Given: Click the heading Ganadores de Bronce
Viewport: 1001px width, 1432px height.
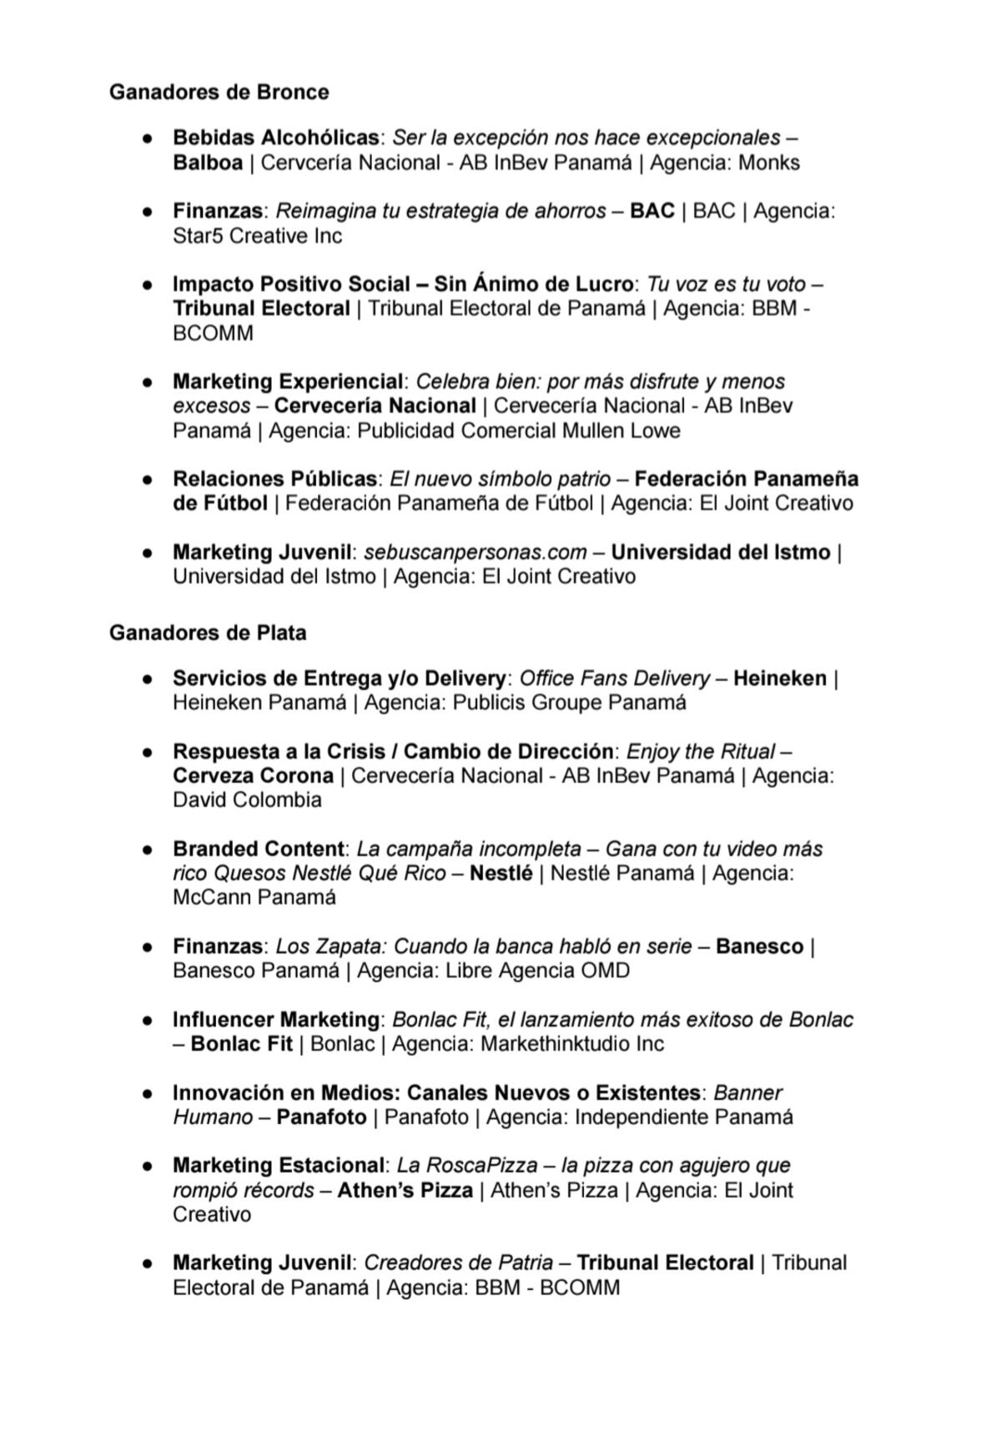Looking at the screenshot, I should pyautogui.click(x=219, y=92).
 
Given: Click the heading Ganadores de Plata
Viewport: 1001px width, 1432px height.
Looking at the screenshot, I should pyautogui.click(x=208, y=633).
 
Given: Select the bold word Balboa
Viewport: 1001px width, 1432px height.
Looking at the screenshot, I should pyautogui.click(x=208, y=162).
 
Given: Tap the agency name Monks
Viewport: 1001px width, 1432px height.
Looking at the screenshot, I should pyautogui.click(x=769, y=162).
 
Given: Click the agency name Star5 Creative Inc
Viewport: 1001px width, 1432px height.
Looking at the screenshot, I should pyautogui.click(x=257, y=235).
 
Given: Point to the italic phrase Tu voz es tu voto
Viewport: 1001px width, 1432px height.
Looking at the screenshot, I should pyautogui.click(x=726, y=284).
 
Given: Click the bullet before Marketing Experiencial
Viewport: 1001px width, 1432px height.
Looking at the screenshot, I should pyautogui.click(x=148, y=382).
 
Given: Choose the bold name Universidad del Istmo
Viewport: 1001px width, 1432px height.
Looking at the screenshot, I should pyautogui.click(x=720, y=552).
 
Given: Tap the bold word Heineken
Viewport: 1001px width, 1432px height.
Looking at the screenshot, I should pyautogui.click(x=780, y=678).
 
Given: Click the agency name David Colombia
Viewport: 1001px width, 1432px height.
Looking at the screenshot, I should pyautogui.click(x=247, y=799).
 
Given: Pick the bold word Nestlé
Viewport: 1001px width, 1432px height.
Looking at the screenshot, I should pyautogui.click(x=500, y=873).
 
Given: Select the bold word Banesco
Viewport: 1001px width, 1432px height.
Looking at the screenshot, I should pyautogui.click(x=759, y=946).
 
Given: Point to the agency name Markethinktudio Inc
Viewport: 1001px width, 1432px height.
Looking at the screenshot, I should pyautogui.click(x=572, y=1043).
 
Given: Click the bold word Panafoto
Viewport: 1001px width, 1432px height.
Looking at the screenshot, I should pyautogui.click(x=321, y=1117).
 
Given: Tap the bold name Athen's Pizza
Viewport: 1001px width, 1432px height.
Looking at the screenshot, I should pyautogui.click(x=405, y=1190).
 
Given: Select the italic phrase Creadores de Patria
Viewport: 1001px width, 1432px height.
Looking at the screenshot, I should pyautogui.click(x=458, y=1263).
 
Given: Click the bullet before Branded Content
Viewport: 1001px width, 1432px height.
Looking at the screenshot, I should pyautogui.click(x=148, y=850).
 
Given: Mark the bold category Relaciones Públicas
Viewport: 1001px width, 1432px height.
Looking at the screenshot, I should pyautogui.click(x=274, y=479).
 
